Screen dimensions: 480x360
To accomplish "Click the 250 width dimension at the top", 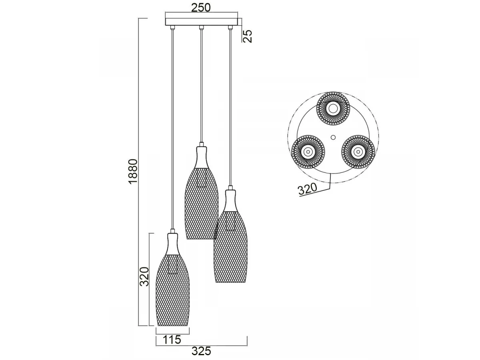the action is (x=201, y=8).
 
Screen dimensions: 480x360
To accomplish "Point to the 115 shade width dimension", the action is (x=172, y=340).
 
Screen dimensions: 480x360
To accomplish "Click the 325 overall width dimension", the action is (x=202, y=352).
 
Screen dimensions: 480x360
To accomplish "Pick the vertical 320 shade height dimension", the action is (x=144, y=276).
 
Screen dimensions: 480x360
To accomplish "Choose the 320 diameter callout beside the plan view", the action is (x=308, y=189).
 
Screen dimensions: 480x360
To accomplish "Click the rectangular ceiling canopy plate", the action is (x=202, y=22).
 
